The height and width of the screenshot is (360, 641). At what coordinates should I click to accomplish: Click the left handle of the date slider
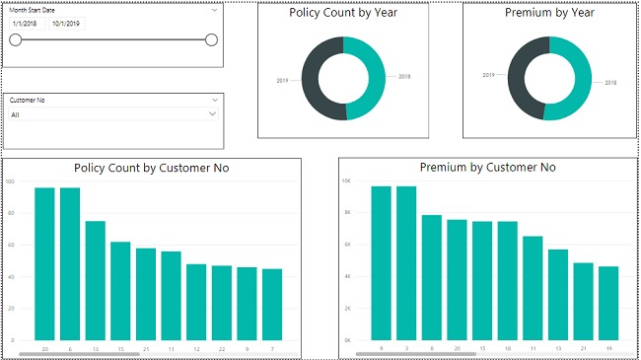[15, 39]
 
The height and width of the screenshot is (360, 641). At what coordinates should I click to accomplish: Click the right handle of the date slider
[211, 39]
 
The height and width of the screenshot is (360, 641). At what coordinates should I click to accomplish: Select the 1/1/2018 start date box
[25, 22]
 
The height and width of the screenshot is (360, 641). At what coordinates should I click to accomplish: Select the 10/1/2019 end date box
[68, 22]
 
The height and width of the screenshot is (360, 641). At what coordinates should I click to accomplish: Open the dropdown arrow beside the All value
[212, 114]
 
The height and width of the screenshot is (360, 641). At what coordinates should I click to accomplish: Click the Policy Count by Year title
[343, 14]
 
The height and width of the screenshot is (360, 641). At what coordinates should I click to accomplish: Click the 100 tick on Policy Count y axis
[10, 181]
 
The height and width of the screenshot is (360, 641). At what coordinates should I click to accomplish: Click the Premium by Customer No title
[487, 168]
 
